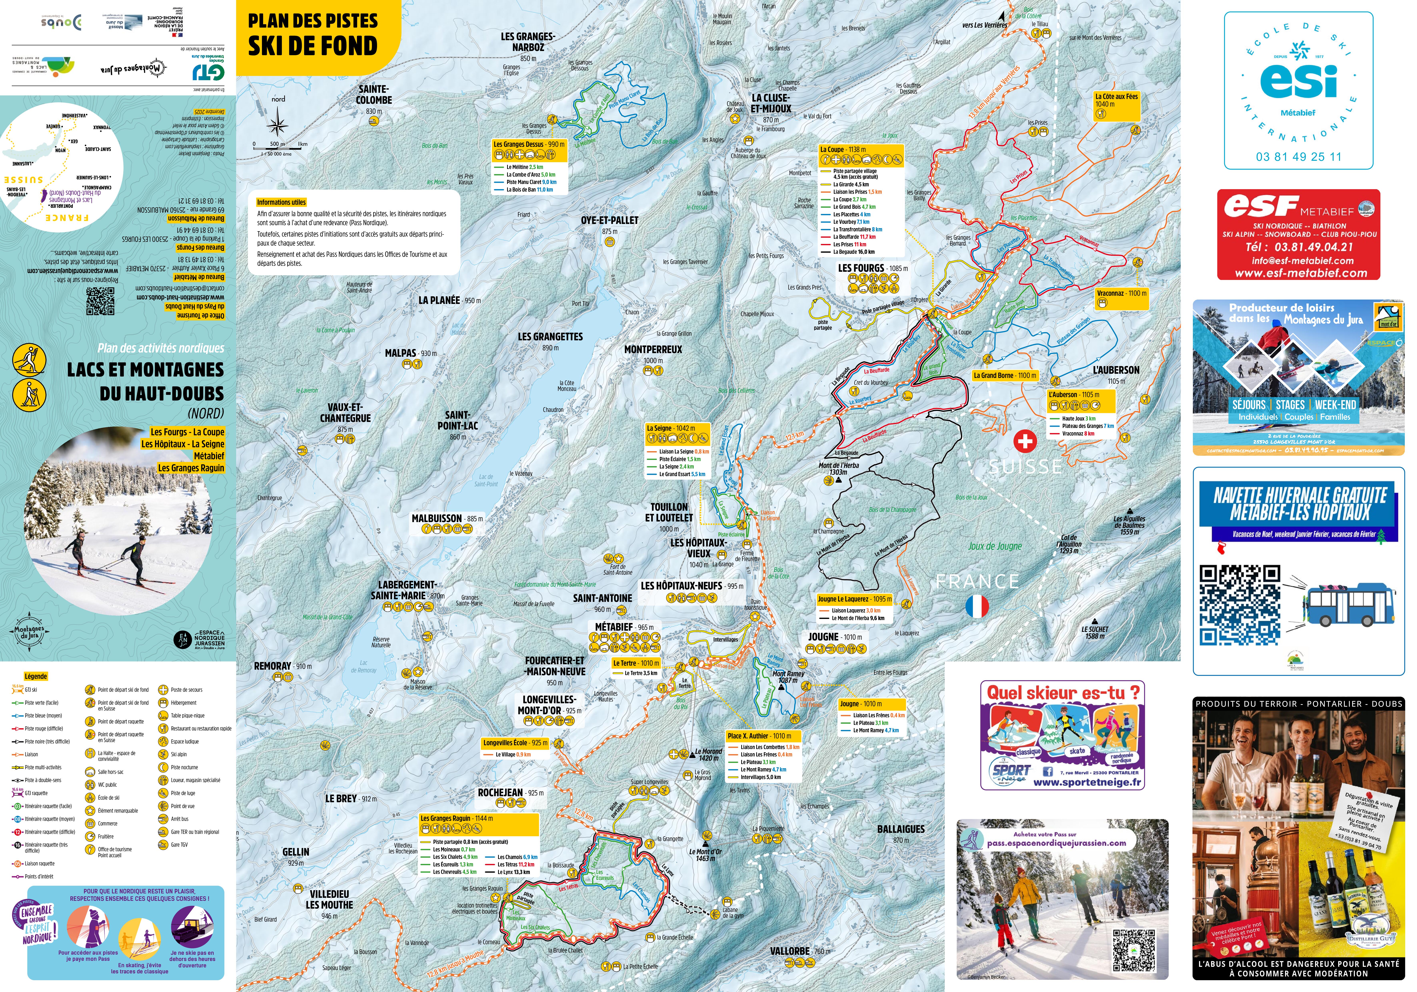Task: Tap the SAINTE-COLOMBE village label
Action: click(373, 94)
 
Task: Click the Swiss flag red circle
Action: click(1025, 441)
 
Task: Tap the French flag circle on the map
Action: click(977, 606)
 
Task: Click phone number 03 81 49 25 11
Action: click(1298, 157)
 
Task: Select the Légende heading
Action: click(36, 676)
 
